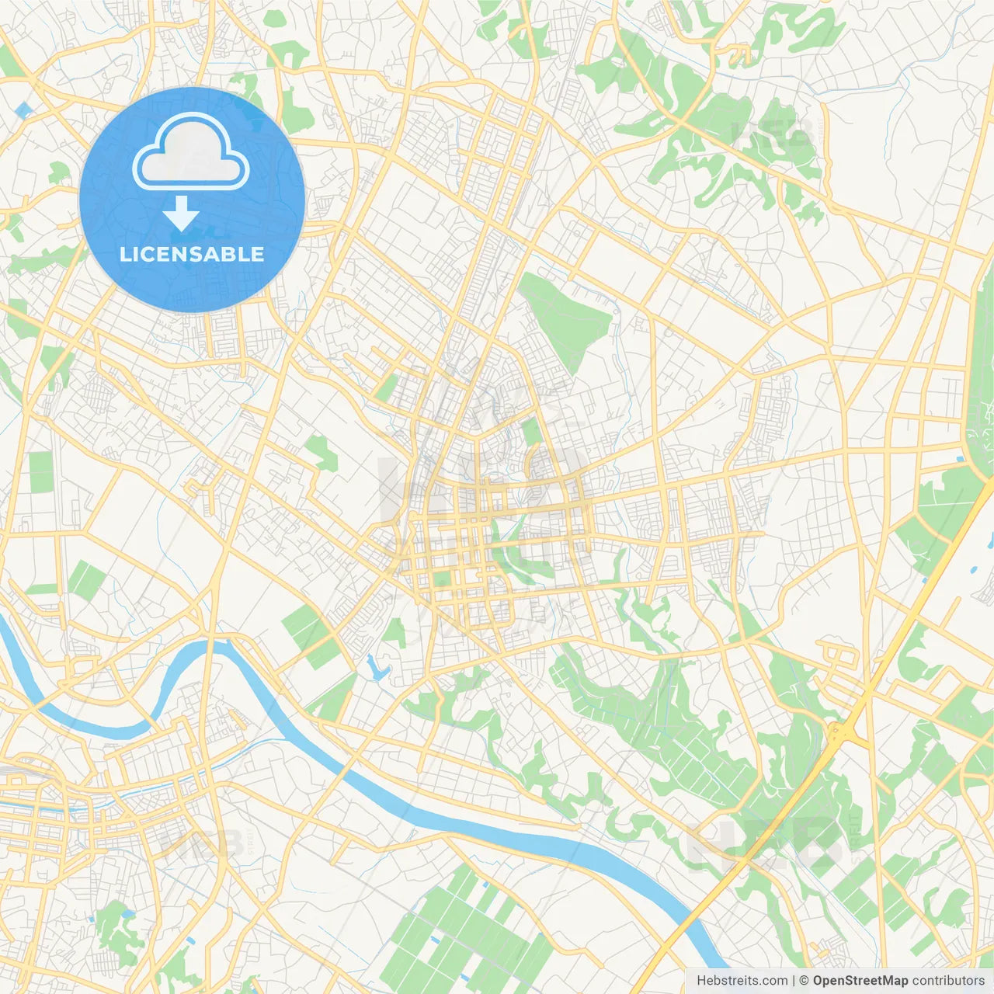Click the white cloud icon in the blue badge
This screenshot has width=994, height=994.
click(191, 152)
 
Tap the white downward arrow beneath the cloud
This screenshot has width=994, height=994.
click(181, 214)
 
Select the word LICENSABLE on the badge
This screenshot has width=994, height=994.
click(192, 254)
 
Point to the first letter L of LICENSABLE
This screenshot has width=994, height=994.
click(124, 254)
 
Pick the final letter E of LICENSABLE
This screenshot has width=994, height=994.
click(257, 254)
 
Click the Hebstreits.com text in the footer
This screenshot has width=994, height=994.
click(742, 981)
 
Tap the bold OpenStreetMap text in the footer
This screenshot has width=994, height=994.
click(860, 981)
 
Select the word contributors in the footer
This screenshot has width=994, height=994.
click(947, 981)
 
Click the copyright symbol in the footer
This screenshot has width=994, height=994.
click(804, 981)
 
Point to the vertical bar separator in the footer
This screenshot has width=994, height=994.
click(794, 981)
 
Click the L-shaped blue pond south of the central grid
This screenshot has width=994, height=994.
click(377, 668)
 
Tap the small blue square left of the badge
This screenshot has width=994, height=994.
click(23, 109)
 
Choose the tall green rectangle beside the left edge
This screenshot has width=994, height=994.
click(41, 473)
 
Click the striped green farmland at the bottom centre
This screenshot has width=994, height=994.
click(466, 932)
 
